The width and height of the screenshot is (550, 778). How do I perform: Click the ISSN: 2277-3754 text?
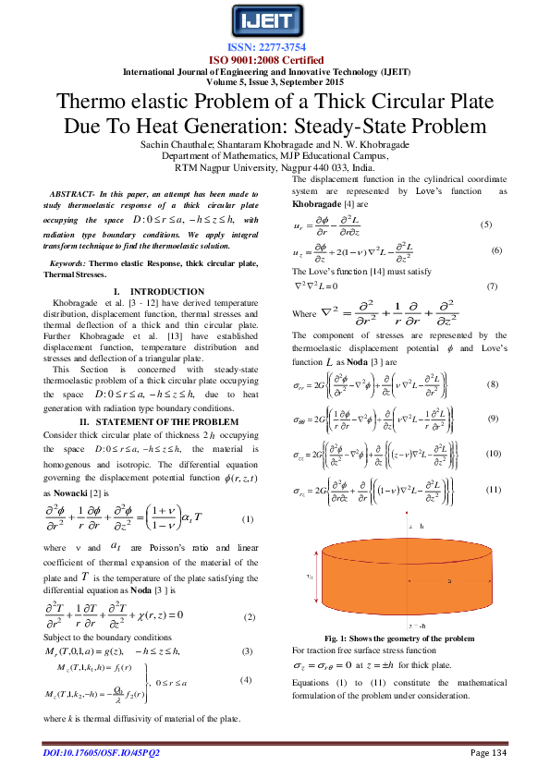point(275,47)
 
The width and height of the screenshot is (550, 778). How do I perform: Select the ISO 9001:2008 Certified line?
point(275,58)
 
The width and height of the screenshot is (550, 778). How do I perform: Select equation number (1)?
point(247,519)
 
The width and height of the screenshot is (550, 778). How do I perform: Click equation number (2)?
point(249,616)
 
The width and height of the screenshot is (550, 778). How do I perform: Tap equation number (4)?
point(246,680)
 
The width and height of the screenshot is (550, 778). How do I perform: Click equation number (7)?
point(492,286)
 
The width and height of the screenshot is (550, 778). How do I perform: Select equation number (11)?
point(493,488)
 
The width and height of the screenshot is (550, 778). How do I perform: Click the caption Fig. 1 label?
point(336,638)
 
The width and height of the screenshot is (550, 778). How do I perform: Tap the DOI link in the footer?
point(102,753)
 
